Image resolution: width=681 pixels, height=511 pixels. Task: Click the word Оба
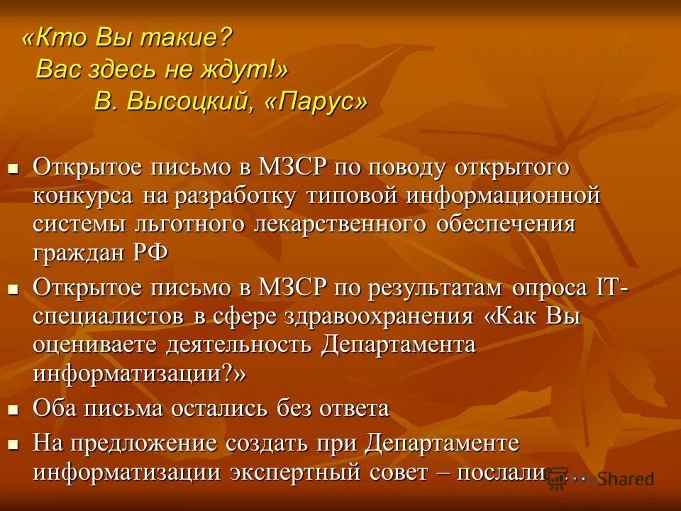click(x=55, y=408)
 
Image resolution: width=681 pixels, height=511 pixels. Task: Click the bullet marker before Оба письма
click(x=12, y=409)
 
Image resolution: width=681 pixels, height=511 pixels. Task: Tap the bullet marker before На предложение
click(x=12, y=444)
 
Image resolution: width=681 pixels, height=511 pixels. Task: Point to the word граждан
click(x=78, y=253)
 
